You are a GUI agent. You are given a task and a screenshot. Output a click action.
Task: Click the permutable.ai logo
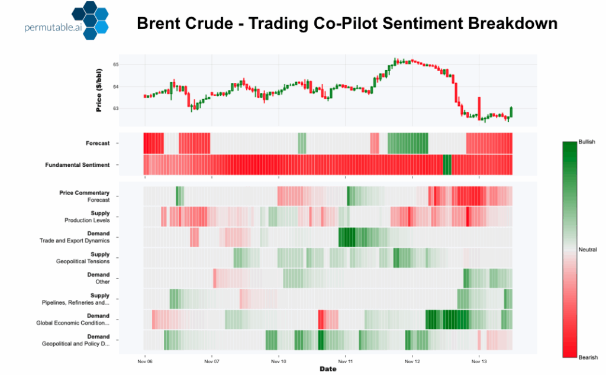(x=59, y=21)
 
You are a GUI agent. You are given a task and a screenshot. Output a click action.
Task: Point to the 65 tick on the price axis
(x=116, y=64)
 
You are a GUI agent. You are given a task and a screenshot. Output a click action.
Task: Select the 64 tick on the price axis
(x=116, y=87)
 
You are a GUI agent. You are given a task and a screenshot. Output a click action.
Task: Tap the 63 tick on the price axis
(x=116, y=109)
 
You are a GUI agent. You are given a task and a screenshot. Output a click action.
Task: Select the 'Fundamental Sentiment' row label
(x=78, y=165)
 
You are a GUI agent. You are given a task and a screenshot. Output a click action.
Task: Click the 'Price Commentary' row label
(x=84, y=193)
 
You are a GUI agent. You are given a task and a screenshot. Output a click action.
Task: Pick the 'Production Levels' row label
(x=87, y=221)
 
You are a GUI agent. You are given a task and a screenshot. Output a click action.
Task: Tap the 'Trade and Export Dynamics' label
(x=75, y=241)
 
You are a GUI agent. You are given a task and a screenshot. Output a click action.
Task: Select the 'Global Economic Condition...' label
(x=76, y=323)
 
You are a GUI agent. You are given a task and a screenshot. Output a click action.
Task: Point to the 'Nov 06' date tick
(x=144, y=360)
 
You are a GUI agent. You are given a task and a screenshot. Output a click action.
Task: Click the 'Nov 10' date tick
(x=279, y=360)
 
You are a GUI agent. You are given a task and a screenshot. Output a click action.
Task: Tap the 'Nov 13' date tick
(x=479, y=360)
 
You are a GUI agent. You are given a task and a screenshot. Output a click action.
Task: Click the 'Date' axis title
(x=328, y=369)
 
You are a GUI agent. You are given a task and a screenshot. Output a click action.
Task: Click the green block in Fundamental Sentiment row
(x=447, y=164)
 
